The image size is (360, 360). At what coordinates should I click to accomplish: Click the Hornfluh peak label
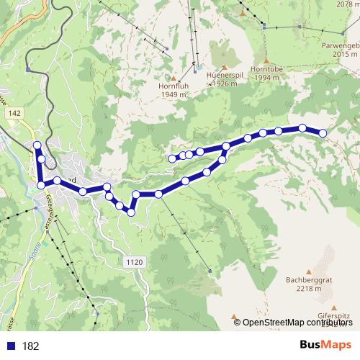pyautogui.click(x=173, y=85)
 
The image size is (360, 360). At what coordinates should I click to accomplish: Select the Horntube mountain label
pyautogui.click(x=266, y=69)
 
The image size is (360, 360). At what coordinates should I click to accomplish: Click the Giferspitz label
pyautogui.click(x=337, y=315)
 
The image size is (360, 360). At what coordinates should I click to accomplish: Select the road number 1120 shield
pyautogui.click(x=134, y=261)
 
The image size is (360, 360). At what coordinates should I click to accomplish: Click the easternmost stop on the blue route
pyautogui.click(x=323, y=132)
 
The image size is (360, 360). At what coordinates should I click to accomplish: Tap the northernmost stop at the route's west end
pyautogui.click(x=37, y=146)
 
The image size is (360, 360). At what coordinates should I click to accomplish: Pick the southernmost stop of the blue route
pyautogui.click(x=131, y=212)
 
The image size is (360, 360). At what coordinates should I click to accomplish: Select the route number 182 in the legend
pyautogui.click(x=31, y=346)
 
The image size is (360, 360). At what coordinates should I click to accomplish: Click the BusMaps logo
pyautogui.click(x=326, y=344)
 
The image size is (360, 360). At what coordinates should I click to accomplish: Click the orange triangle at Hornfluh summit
pyautogui.click(x=173, y=76)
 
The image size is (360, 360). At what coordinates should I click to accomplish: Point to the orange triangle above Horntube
pyautogui.click(x=266, y=60)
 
